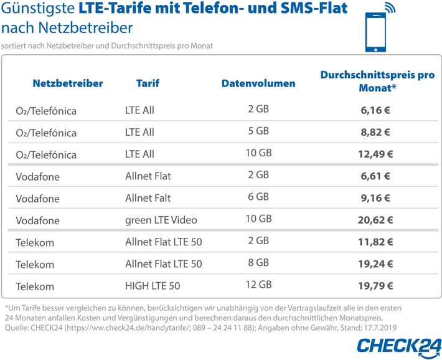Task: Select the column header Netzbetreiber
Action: tap(68, 83)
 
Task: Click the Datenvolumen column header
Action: tap(258, 83)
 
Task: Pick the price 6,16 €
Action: tap(375, 110)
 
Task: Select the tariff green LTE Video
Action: tap(161, 220)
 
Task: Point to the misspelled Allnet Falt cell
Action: tap(148, 199)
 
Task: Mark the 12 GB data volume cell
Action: tap(258, 285)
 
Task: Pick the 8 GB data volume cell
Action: tap(258, 263)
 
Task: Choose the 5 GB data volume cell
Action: tap(258, 131)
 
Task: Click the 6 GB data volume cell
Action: tap(258, 197)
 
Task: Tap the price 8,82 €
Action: tap(375, 132)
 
